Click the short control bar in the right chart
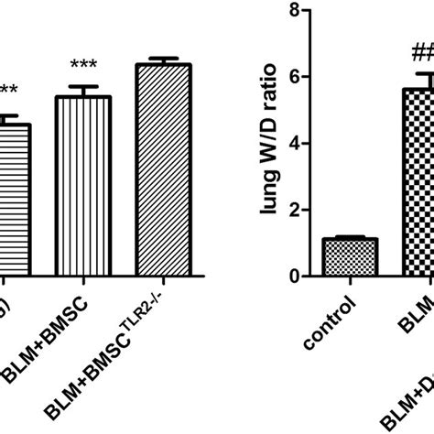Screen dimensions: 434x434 351,256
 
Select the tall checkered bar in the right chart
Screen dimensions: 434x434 419,183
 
